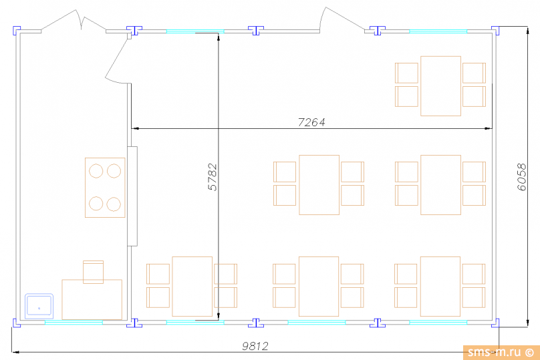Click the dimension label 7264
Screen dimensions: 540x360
click(311, 122)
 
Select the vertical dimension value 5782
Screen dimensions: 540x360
click(213, 177)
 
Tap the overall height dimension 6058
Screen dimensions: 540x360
click(522, 177)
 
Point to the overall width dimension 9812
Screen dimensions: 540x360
click(255, 346)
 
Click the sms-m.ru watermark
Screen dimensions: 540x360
click(501, 352)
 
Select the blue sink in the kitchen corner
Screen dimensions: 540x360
click(39, 306)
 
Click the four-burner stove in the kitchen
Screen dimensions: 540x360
click(105, 188)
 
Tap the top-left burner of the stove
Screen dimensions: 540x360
click(96, 171)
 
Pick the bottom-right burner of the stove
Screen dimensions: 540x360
click(114, 204)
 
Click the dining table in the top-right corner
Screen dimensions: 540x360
click(441, 86)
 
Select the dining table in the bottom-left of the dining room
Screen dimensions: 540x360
click(192, 287)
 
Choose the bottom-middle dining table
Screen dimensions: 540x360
click(319, 287)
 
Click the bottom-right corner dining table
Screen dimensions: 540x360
click(440, 287)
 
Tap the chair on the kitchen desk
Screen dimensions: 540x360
click(94, 272)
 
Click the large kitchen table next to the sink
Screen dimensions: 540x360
click(92, 299)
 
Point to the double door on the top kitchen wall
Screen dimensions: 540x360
click(74, 21)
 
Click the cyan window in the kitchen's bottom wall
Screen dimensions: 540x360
click(74, 323)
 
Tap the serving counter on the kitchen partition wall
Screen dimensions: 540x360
click(132, 196)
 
